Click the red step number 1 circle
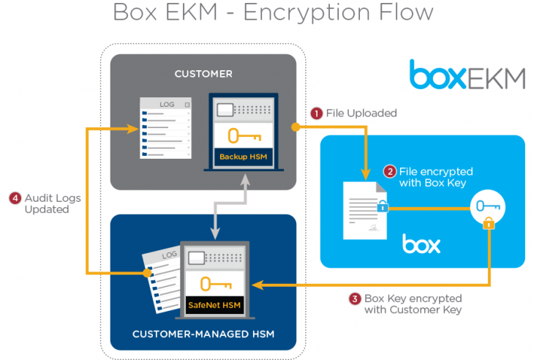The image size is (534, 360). pyautogui.click(x=317, y=113)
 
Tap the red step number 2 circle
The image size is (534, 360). pyautogui.click(x=391, y=172)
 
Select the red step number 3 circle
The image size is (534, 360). pyautogui.click(x=355, y=299)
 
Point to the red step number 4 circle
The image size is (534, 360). pyautogui.click(x=15, y=198)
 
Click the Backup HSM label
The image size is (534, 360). pyautogui.click(x=244, y=157)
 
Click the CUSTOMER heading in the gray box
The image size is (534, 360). pyautogui.click(x=203, y=74)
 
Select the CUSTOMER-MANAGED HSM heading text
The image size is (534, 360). pyautogui.click(x=203, y=335)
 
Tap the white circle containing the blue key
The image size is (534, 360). pyautogui.click(x=489, y=207)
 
